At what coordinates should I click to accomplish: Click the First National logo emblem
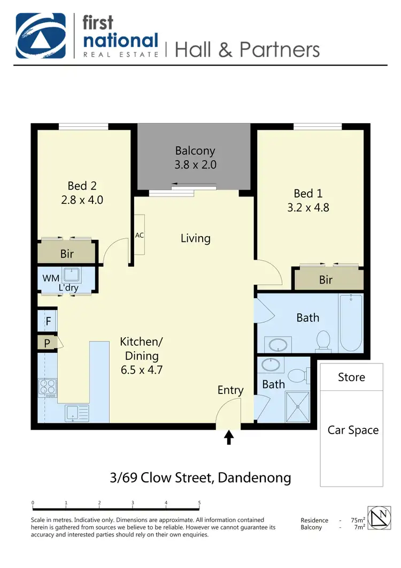[41, 35]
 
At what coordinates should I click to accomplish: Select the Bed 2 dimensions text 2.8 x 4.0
[82, 200]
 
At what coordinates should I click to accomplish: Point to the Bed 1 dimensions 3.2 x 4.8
[308, 207]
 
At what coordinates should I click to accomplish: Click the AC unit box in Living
[139, 234]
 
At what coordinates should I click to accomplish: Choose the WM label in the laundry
[51, 278]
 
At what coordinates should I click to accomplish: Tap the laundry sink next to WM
[71, 276]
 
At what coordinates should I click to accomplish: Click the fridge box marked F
[48, 322]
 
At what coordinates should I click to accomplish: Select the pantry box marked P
[48, 343]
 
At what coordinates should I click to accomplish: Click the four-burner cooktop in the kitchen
[48, 387]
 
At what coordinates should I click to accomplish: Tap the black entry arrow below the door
[229, 438]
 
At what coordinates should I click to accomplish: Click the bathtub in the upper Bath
[351, 322]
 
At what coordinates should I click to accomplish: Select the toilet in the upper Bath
[323, 340]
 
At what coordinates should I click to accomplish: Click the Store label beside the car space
[351, 377]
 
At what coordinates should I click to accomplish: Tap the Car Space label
[353, 430]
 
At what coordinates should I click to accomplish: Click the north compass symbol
[381, 518]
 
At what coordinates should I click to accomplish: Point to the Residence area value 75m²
[358, 520]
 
